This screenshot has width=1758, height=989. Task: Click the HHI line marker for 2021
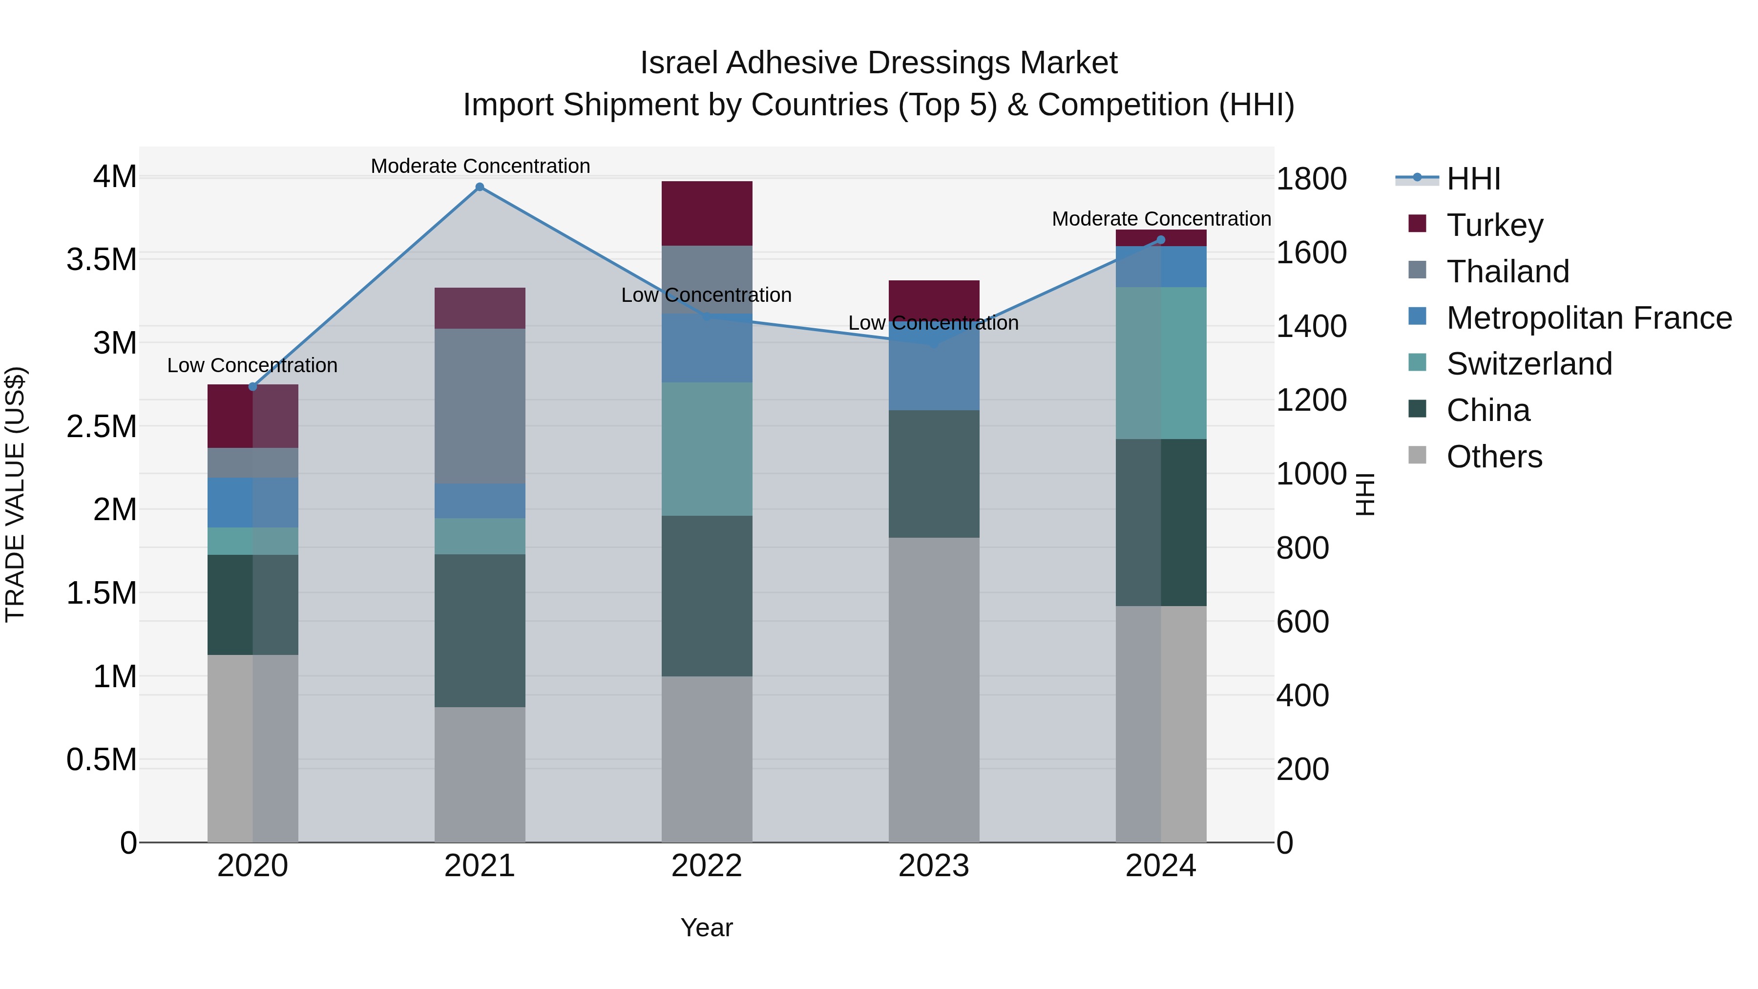[480, 187]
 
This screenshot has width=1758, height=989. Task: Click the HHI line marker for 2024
[1161, 240]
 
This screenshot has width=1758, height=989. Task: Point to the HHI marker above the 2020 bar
[252, 387]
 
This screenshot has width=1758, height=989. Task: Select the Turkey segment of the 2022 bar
[707, 213]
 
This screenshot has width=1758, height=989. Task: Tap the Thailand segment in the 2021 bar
[480, 406]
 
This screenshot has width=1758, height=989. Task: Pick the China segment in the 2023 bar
[934, 474]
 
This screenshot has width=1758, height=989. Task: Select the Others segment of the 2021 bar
[480, 774]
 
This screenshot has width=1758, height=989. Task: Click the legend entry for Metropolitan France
[1589, 318]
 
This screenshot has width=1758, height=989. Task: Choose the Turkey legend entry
[1495, 225]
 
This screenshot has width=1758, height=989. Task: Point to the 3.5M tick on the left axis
[102, 260]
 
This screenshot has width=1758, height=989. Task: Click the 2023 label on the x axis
[934, 866]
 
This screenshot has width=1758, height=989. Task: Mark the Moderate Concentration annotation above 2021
[480, 166]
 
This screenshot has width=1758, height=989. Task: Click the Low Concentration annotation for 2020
[252, 365]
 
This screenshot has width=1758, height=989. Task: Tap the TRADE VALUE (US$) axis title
[15, 494]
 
